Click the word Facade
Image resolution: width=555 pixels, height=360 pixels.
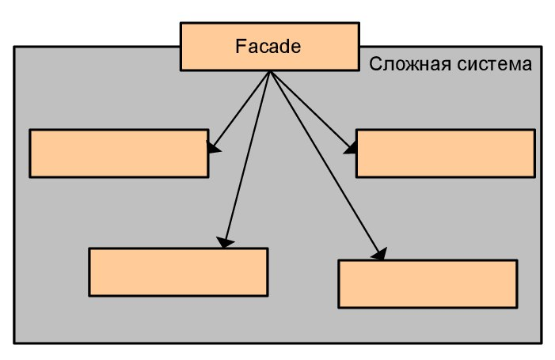(268, 47)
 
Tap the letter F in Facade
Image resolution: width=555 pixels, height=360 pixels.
(241, 47)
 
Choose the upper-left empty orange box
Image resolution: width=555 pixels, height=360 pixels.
(119, 153)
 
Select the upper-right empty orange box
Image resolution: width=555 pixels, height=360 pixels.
(445, 153)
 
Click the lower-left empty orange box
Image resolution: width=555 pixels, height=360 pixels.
(178, 272)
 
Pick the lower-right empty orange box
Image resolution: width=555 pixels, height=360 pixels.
(428, 283)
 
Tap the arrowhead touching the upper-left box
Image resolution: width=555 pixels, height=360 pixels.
(212, 146)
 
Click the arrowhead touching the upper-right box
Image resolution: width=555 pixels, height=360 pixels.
(351, 146)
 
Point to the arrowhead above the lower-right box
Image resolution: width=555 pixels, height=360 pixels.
(381, 253)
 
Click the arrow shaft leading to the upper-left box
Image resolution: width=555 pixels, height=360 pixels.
(241, 108)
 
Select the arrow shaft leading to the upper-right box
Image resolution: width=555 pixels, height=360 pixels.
(309, 108)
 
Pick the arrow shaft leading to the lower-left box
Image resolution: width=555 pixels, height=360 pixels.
(248, 158)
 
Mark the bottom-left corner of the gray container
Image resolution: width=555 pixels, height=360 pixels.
(14, 343)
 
